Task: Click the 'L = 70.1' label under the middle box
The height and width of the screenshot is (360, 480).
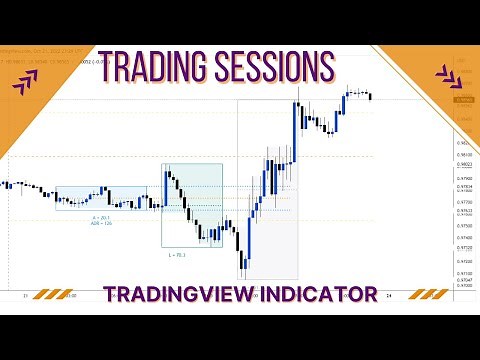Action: pyautogui.click(x=178, y=255)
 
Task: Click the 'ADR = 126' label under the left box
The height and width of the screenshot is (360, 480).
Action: pyautogui.click(x=99, y=223)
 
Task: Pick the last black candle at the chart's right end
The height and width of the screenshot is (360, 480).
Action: pyautogui.click(x=371, y=96)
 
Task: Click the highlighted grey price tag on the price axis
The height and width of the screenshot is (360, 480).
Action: pyautogui.click(x=462, y=100)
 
